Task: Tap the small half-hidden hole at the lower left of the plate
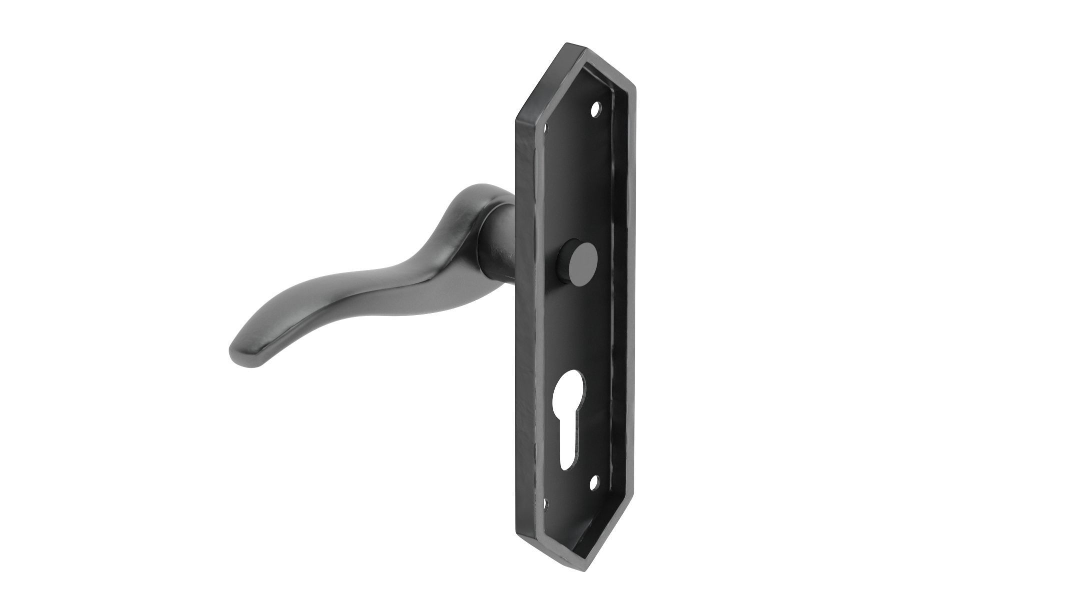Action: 547,500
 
